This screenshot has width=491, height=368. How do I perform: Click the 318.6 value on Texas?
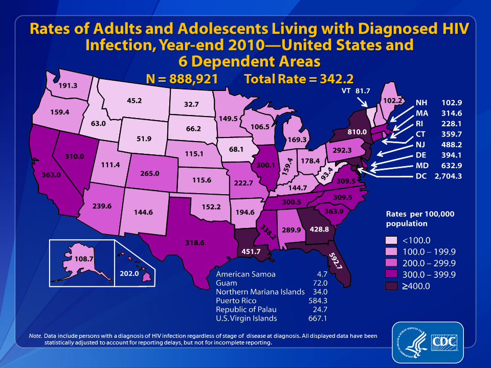[x=195, y=242]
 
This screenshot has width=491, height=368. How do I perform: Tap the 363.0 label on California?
[x=51, y=175]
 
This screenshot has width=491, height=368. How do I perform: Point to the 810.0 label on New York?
[x=357, y=132]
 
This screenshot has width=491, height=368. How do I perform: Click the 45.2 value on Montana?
[x=134, y=101]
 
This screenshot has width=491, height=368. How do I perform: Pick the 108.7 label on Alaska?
[x=84, y=259]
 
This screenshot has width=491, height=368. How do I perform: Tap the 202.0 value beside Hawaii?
[x=129, y=273]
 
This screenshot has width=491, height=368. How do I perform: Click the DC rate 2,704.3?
[x=448, y=176]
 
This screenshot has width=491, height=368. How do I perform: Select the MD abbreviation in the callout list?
[x=422, y=166]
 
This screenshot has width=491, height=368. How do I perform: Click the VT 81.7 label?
[x=356, y=91]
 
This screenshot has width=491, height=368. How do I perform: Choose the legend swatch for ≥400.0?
[x=391, y=286]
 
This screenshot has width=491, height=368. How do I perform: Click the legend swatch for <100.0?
[x=391, y=240]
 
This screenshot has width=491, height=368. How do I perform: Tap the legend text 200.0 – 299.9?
[x=429, y=263]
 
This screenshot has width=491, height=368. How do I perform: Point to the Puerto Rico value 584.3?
[x=318, y=301]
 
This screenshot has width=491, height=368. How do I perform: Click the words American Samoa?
[x=246, y=274]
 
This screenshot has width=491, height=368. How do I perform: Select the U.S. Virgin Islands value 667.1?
[x=318, y=318]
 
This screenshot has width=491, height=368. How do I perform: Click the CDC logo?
[x=444, y=342]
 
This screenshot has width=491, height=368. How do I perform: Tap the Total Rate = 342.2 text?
[x=299, y=79]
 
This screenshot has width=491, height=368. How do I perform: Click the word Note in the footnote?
[x=35, y=336]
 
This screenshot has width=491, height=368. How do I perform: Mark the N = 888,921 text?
[x=182, y=79]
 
